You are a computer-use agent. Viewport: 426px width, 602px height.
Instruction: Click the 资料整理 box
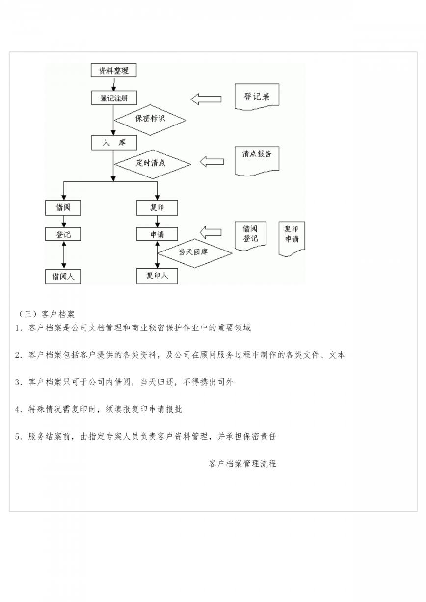click(113, 71)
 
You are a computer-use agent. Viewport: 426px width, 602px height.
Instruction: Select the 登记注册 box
click(114, 98)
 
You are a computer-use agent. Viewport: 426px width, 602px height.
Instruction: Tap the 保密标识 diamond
click(150, 120)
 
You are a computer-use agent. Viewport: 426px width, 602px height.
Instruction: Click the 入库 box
click(114, 143)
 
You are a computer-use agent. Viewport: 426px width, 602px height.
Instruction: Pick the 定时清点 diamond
click(152, 164)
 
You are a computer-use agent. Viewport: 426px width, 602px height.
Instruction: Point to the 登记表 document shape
click(257, 97)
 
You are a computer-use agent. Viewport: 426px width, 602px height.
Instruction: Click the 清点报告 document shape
click(257, 161)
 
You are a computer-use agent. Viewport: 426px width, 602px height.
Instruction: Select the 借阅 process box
click(63, 208)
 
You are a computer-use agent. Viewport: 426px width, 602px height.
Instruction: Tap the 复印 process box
click(157, 208)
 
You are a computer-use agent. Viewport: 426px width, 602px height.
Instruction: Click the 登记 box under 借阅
click(63, 234)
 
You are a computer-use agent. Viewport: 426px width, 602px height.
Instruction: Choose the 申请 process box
click(157, 234)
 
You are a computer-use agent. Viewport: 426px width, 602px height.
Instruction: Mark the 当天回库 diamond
click(194, 253)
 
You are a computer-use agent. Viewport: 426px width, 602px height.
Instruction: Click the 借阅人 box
click(63, 276)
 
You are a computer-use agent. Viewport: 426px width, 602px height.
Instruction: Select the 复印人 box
click(157, 276)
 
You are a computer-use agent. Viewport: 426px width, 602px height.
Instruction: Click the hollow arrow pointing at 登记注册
click(206, 99)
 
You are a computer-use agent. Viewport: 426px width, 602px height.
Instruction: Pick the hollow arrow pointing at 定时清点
click(212, 161)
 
